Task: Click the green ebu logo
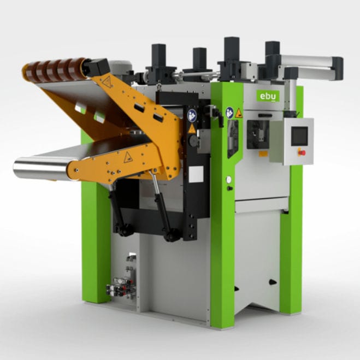click(268, 96)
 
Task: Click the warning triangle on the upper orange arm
click(107, 82)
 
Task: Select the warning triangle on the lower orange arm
click(128, 158)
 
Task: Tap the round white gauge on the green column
click(228, 179)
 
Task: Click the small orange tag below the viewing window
click(262, 154)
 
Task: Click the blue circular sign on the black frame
click(192, 115)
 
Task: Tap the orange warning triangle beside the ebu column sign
click(239, 113)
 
